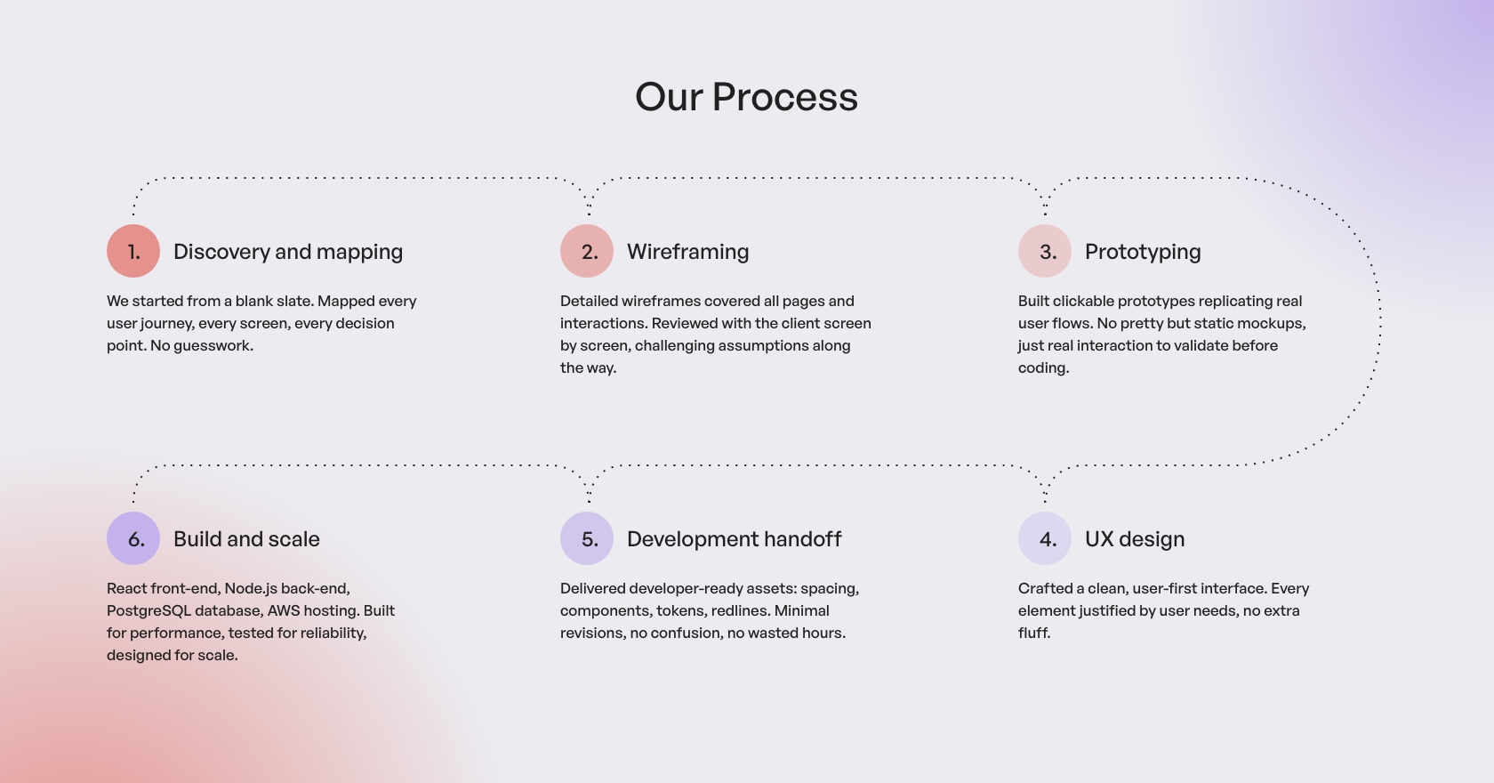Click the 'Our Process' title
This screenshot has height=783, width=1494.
click(x=746, y=97)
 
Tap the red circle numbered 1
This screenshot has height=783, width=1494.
click(x=133, y=251)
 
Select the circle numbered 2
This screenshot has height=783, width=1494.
click(x=587, y=251)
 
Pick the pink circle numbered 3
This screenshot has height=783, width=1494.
click(x=1044, y=251)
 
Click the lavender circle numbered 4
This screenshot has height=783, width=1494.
click(x=1044, y=538)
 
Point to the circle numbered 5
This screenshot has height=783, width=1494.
click(x=587, y=538)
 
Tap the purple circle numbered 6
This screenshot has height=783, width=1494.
click(x=133, y=538)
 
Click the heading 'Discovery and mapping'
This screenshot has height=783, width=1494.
click(x=288, y=253)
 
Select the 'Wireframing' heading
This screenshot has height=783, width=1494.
click(x=687, y=253)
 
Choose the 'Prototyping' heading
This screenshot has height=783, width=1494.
click(x=1143, y=253)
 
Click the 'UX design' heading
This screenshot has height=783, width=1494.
click(x=1135, y=539)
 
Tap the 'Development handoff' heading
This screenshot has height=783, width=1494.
click(x=735, y=539)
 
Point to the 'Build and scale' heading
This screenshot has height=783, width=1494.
click(x=247, y=539)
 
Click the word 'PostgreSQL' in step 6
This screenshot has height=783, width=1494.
click(x=149, y=611)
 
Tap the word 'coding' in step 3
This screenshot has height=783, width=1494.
click(x=1041, y=368)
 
